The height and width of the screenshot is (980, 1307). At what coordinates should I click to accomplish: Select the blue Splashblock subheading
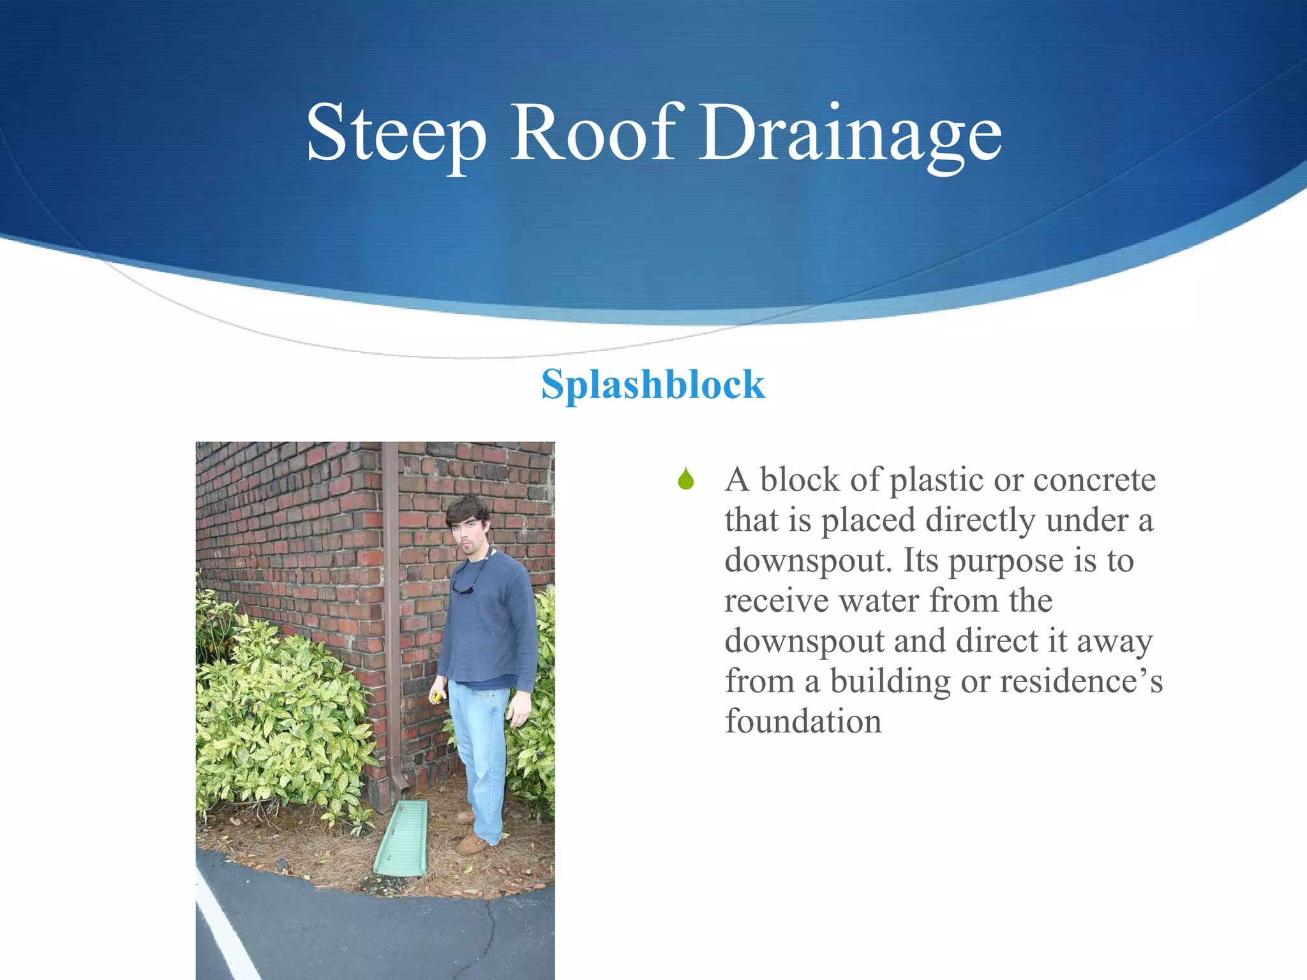(x=653, y=385)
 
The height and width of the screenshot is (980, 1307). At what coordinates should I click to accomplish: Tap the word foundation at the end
(x=803, y=722)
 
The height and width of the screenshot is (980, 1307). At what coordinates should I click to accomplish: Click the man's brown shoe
(x=474, y=844)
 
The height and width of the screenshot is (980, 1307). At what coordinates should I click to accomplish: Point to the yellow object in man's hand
(x=437, y=696)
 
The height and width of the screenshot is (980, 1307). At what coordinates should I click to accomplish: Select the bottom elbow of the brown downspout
(x=399, y=782)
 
